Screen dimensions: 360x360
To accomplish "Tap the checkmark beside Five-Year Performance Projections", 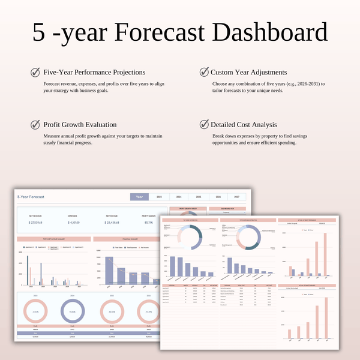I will tap(35, 73).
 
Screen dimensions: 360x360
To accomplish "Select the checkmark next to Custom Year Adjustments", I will tap(203, 73).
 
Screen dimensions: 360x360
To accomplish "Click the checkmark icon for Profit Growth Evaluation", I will tap(35, 125).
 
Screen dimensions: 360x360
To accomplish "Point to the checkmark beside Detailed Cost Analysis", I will tap(203, 125).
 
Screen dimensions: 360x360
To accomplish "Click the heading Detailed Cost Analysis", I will tap(248, 125).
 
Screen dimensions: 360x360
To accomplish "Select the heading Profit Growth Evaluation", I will tap(80, 125).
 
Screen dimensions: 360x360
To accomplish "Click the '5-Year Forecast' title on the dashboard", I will tap(31, 197).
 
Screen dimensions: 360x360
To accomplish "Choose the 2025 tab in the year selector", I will tap(160, 196).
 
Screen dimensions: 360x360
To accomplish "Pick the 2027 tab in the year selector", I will tap(236, 196).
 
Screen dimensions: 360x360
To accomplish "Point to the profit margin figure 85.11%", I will tap(148, 222).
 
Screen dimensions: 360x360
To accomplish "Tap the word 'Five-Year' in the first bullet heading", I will tap(58, 73).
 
